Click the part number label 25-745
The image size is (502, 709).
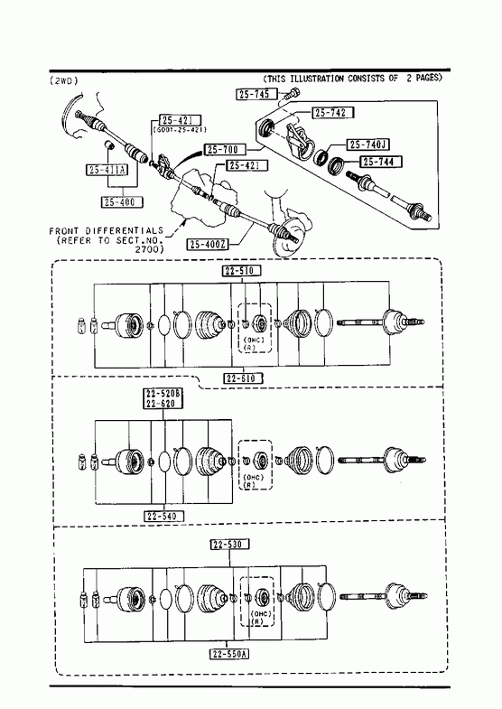(254, 94)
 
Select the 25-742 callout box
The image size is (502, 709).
(332, 113)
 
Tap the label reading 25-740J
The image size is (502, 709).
(368, 145)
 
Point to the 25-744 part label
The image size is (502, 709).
(381, 162)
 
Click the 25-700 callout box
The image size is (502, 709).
(225, 149)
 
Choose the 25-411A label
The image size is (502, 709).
(107, 170)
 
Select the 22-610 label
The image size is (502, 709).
(243, 378)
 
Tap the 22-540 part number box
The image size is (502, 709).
(164, 516)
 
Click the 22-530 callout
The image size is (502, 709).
(230, 545)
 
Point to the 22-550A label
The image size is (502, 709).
(230, 654)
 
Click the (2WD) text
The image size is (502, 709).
(64, 80)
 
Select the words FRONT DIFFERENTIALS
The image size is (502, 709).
(107, 231)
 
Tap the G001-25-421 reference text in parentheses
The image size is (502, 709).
(180, 130)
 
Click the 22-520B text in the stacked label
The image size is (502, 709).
(163, 394)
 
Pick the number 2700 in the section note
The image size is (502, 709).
(150, 249)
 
